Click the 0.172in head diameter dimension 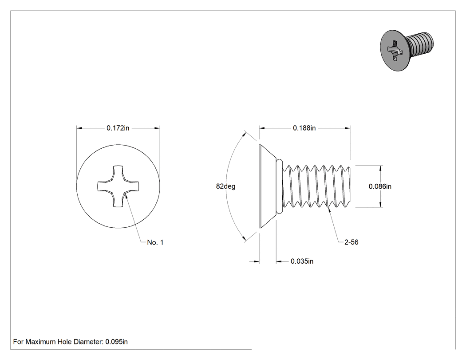click(118, 128)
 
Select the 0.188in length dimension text click(304, 128)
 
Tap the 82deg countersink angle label click(225, 186)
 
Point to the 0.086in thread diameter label click(380, 186)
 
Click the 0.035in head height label click(302, 261)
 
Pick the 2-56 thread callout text click(351, 242)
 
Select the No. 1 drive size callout click(155, 242)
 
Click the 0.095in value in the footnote click(116, 342)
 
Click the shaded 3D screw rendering click(407, 50)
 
